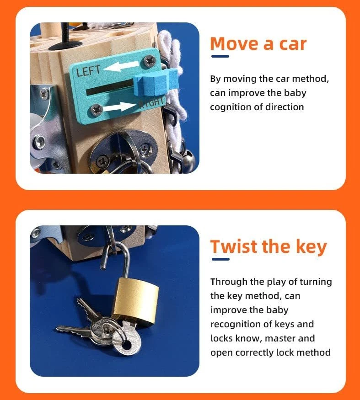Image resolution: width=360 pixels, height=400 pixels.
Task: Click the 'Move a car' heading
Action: (x=258, y=43)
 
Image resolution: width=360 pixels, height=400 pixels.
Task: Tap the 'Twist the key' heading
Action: (x=269, y=247)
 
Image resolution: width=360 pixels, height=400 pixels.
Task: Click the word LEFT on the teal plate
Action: (x=88, y=71)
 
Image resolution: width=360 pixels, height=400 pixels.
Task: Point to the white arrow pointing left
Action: (x=122, y=66)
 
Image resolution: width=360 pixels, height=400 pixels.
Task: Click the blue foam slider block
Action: (x=155, y=82)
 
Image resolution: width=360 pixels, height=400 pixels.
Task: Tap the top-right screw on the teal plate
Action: (x=150, y=60)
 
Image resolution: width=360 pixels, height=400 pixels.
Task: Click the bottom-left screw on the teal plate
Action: (x=97, y=110)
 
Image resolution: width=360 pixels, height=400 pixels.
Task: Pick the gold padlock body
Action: (x=135, y=301)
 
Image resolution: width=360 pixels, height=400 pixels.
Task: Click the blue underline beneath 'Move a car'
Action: (x=220, y=56)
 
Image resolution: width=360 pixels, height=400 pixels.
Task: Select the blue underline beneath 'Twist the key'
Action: (x=220, y=259)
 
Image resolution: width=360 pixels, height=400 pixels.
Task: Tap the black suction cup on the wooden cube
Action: (x=65, y=45)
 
